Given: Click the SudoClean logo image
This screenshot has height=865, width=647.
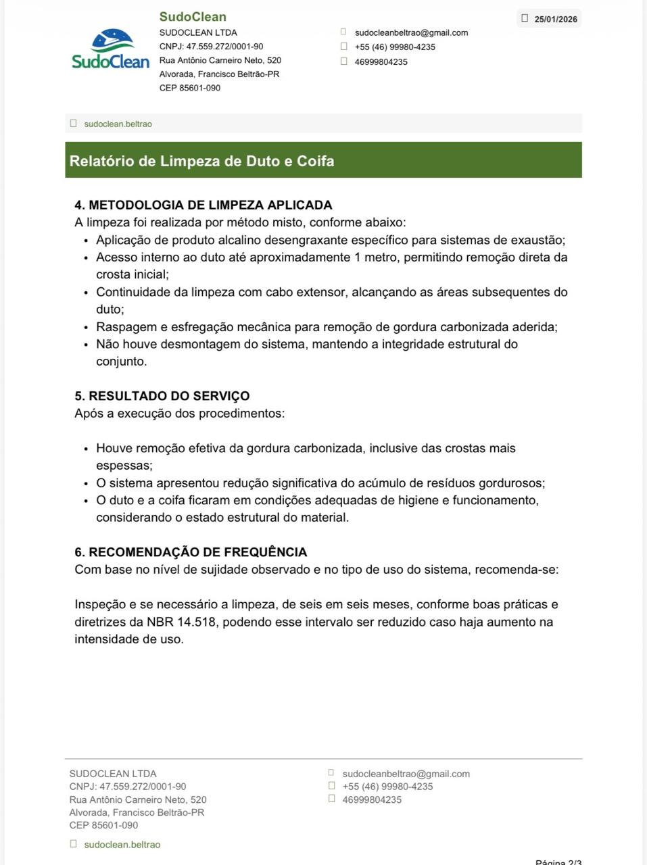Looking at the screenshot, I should point(110,49).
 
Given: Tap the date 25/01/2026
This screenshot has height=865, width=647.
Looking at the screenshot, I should point(556,19).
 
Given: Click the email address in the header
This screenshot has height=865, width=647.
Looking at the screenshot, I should point(411,32).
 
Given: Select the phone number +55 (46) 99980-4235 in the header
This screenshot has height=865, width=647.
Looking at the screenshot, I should point(395,47).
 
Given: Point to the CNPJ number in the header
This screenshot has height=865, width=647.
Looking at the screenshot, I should point(211,47).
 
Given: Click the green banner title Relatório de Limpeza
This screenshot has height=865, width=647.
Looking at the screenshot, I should point(201,161).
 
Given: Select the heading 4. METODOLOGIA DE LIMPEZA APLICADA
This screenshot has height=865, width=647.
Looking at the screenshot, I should point(203,205).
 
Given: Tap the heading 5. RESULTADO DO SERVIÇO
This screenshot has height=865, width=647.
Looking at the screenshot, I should point(162,396).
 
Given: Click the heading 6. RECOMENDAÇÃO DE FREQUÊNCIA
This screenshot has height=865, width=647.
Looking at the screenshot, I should point(191,552).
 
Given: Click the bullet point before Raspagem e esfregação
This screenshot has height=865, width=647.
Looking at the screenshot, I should point(86,328).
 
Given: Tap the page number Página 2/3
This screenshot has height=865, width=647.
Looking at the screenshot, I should point(558,862).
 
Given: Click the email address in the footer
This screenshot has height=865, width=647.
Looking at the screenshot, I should point(406,774).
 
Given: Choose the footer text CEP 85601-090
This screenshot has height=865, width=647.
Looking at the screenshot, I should point(103,825).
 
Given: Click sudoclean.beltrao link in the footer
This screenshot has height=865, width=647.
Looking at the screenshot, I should point(122,845).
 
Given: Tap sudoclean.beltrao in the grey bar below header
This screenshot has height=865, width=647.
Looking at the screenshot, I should point(118,124).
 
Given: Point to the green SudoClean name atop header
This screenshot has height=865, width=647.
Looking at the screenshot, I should point(193,17).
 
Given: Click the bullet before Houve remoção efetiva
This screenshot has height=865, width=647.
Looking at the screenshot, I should point(86,449).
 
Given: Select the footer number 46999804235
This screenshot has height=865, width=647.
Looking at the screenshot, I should point(372,799).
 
